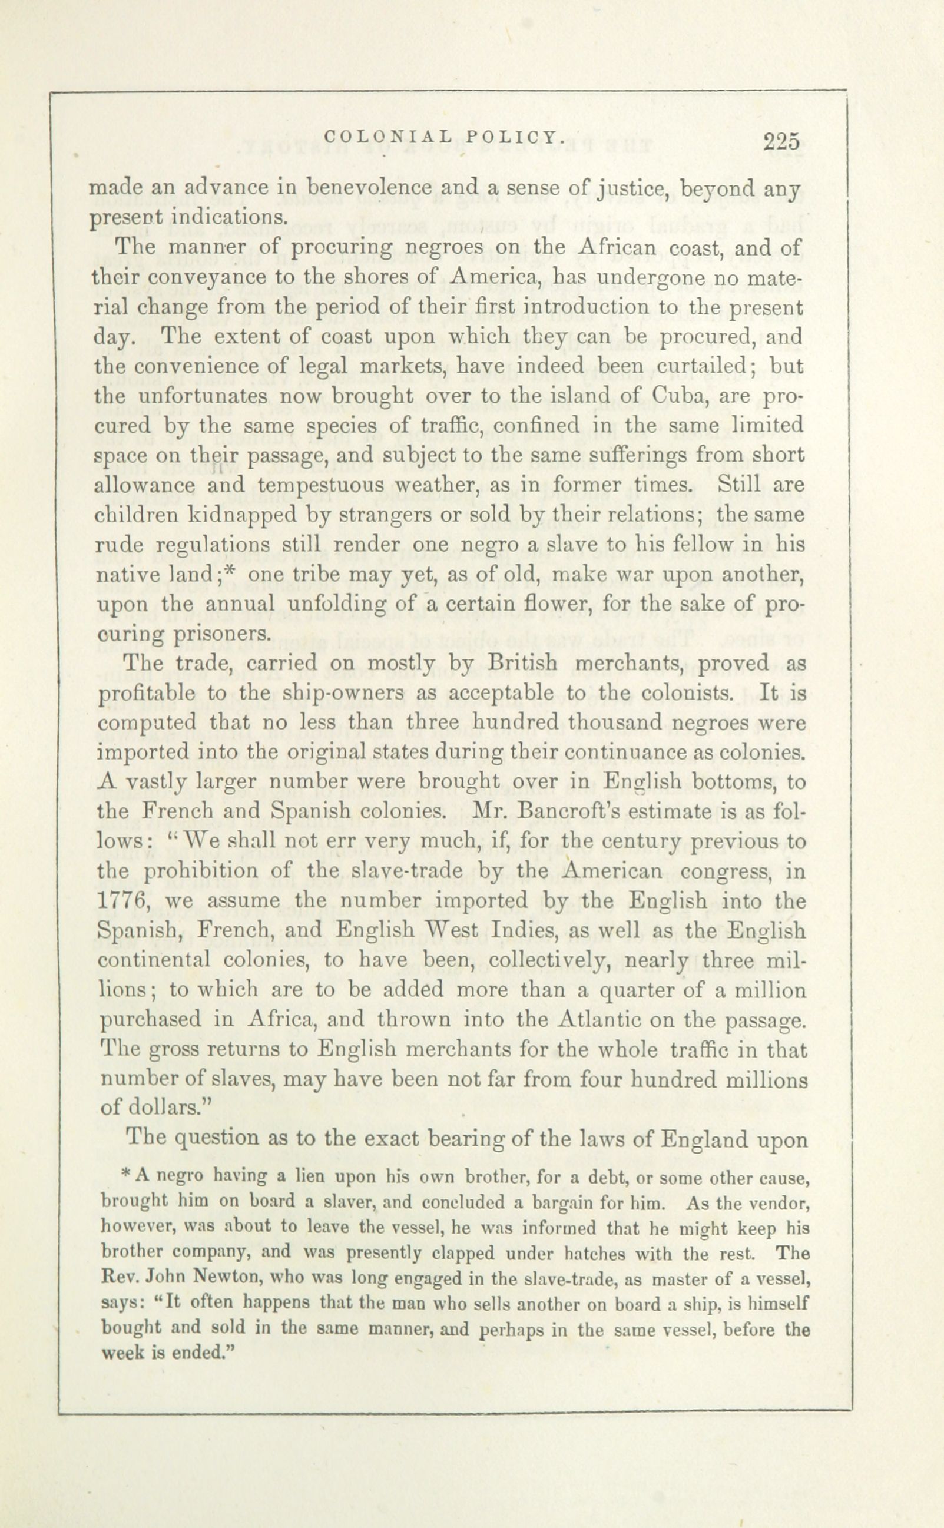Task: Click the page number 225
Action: click(780, 142)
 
